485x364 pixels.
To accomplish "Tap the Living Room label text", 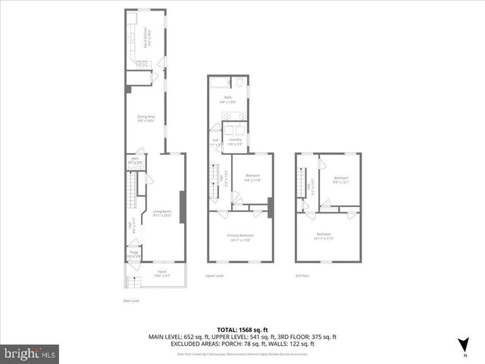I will pyautogui.click(x=162, y=213).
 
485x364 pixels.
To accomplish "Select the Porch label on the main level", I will pyautogui.click(x=161, y=272).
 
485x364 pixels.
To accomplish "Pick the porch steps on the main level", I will pyautogui.click(x=134, y=283).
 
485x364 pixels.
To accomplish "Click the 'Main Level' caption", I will pyautogui.click(x=132, y=301).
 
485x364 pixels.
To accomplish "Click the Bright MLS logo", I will pyautogui.click(x=30, y=353).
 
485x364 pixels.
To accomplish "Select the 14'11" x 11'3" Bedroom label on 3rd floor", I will pyautogui.click(x=324, y=236).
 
